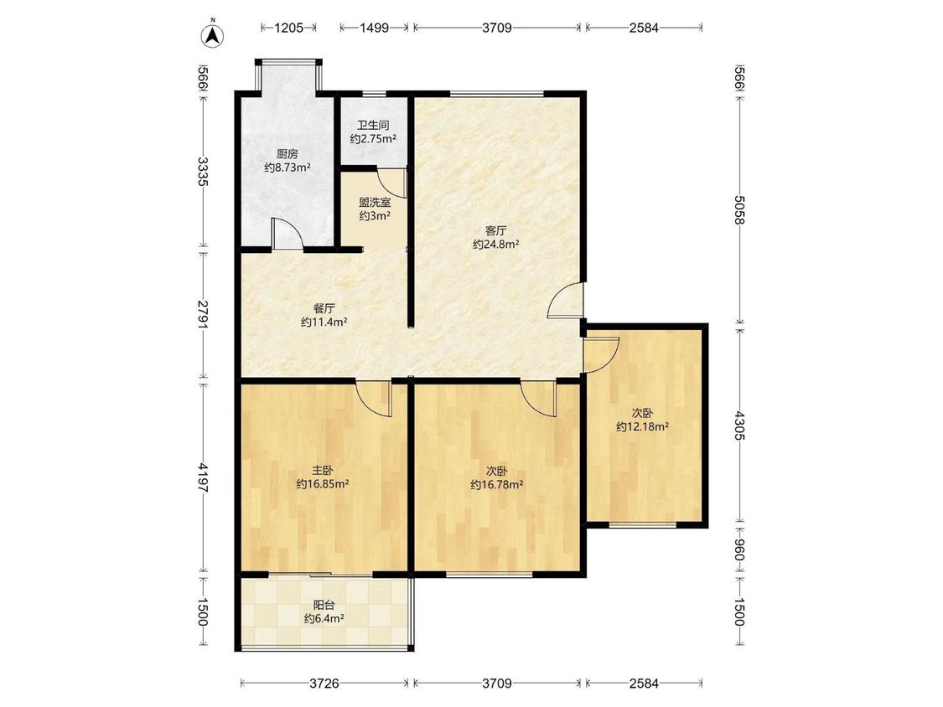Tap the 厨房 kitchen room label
pyautogui.click(x=287, y=154)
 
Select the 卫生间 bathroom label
pyautogui.click(x=373, y=126)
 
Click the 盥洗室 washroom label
pyautogui.click(x=375, y=202)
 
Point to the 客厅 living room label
pyautogui.click(x=495, y=230)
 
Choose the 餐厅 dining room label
pyautogui.click(x=324, y=309)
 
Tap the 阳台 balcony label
pyautogui.click(x=324, y=605)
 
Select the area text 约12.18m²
pyautogui.click(x=642, y=427)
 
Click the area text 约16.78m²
pyautogui.click(x=496, y=484)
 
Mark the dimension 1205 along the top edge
pyautogui.click(x=288, y=28)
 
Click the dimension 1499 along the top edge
pyautogui.click(x=374, y=28)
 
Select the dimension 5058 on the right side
pyautogui.click(x=739, y=209)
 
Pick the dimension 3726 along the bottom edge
pyautogui.click(x=324, y=683)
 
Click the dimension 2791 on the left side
pyautogui.click(x=204, y=314)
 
